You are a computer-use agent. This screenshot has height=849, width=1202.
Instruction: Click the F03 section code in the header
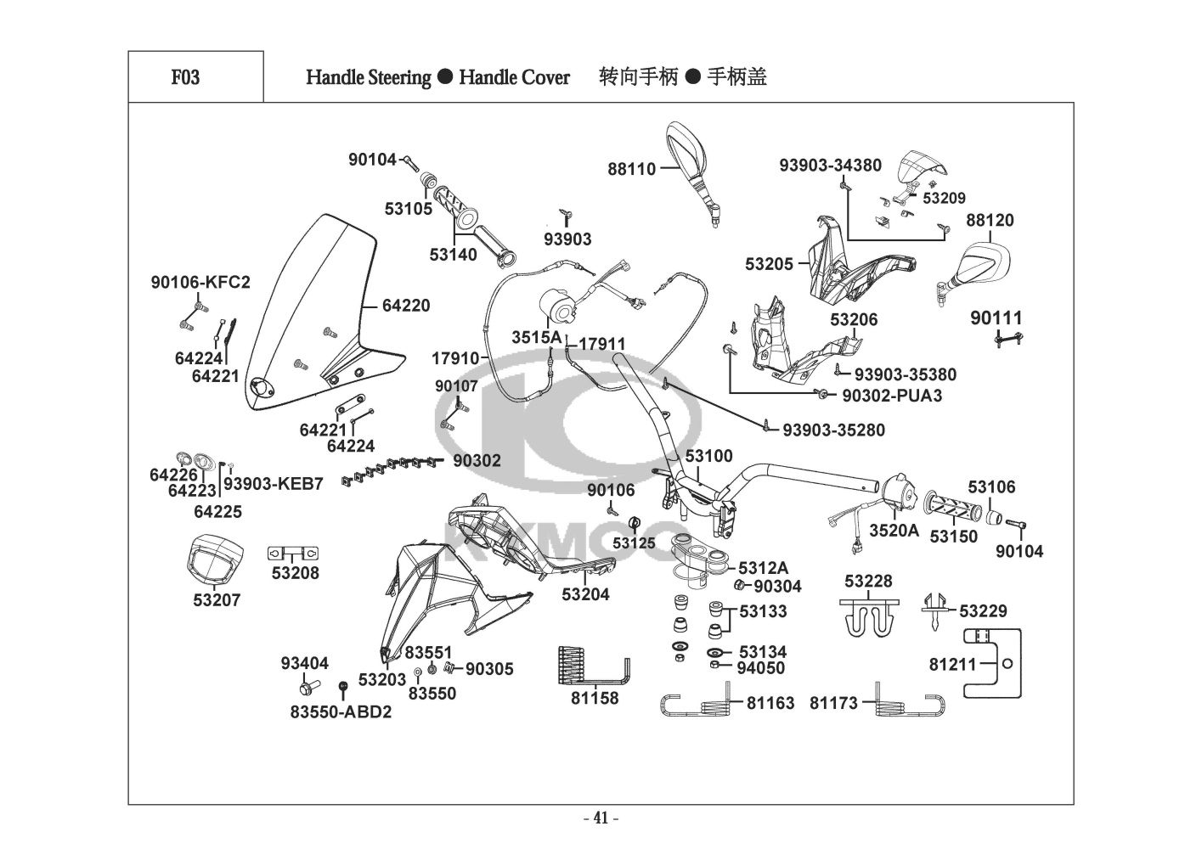pyautogui.click(x=185, y=77)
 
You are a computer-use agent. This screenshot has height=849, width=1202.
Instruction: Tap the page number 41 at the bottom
pyautogui.click(x=601, y=818)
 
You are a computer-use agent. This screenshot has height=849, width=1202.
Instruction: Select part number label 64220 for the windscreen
pyautogui.click(x=406, y=306)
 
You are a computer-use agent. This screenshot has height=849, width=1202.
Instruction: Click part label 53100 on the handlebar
pyautogui.click(x=708, y=457)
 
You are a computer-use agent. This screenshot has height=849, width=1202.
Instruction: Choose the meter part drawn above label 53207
pyautogui.click(x=213, y=559)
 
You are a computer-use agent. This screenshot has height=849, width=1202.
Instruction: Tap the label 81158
pyautogui.click(x=595, y=699)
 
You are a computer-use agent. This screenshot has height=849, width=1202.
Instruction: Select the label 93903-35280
pyautogui.click(x=833, y=430)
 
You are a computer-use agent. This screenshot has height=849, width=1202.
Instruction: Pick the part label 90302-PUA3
pyautogui.click(x=892, y=396)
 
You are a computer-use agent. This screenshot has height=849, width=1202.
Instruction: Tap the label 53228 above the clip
pyautogui.click(x=868, y=581)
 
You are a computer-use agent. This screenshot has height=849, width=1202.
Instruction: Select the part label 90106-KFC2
pyautogui.click(x=200, y=283)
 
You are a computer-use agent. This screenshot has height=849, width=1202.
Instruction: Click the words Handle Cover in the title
pyautogui.click(x=514, y=77)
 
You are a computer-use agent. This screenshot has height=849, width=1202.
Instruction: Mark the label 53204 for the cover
pyautogui.click(x=585, y=594)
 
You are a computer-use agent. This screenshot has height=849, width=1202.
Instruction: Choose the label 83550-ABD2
pyautogui.click(x=341, y=712)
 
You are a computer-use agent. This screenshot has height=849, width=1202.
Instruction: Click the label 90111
pyautogui.click(x=996, y=318)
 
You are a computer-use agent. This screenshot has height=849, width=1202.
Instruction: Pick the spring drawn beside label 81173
pyautogui.click(x=911, y=703)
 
